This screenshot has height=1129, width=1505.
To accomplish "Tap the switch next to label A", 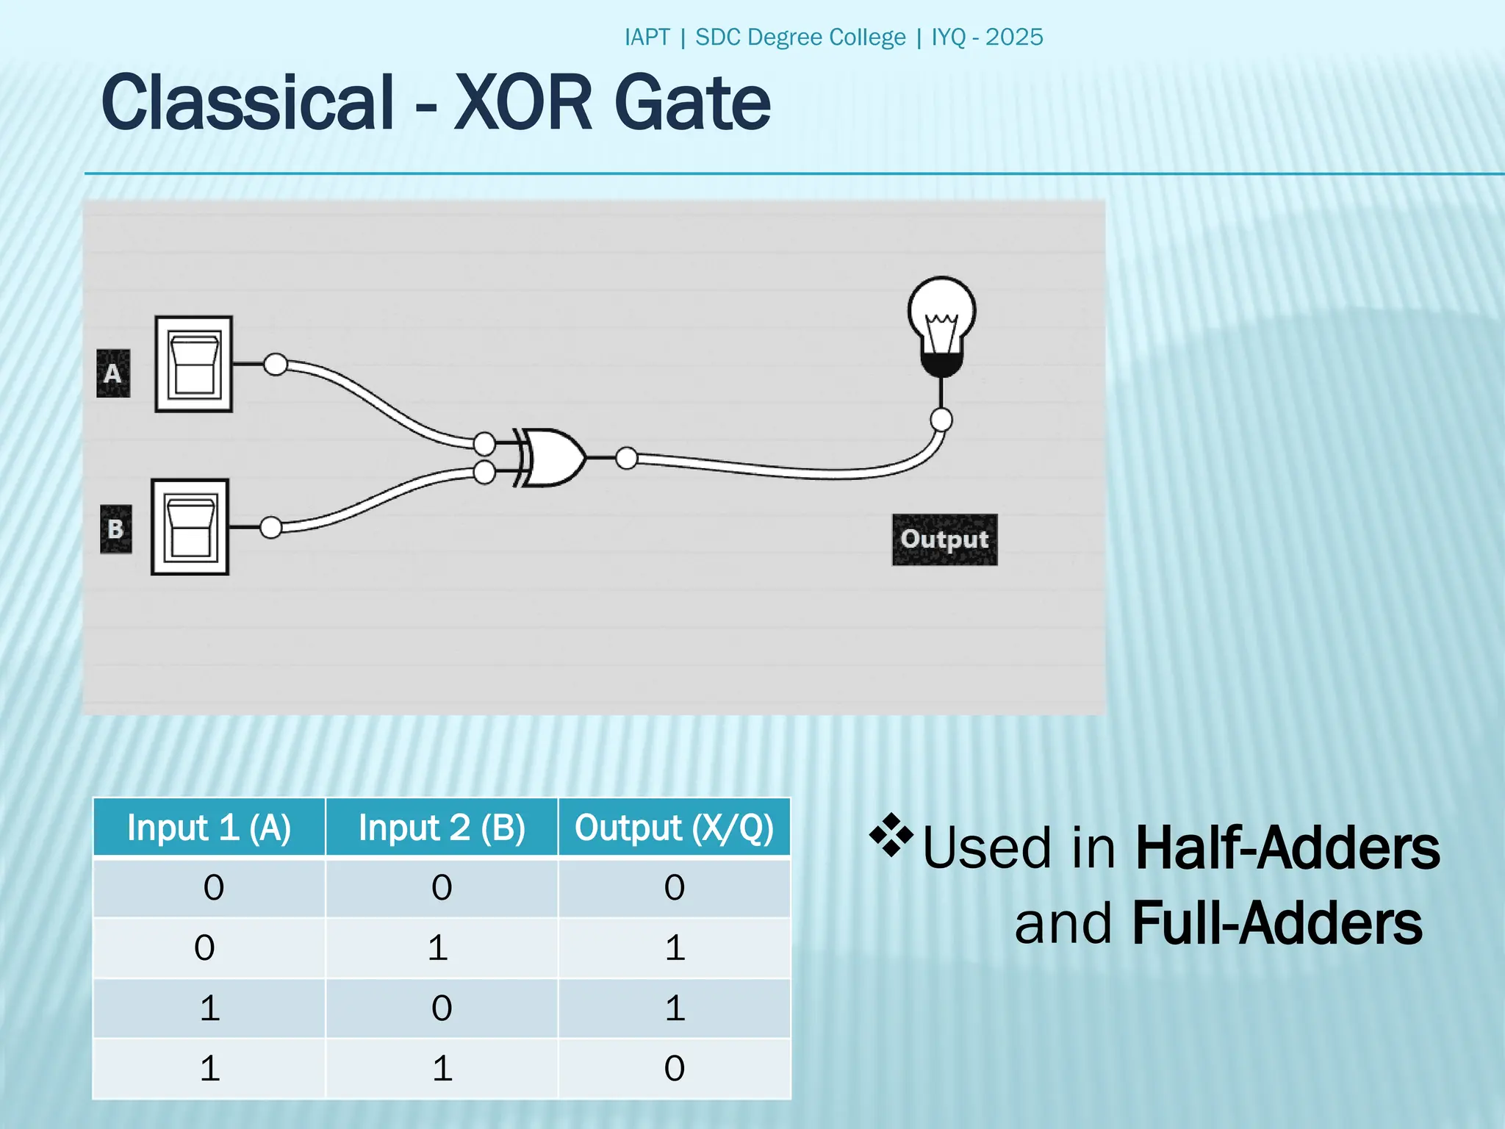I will pyautogui.click(x=194, y=365).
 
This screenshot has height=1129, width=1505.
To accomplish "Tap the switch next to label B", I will pyautogui.click(x=190, y=527).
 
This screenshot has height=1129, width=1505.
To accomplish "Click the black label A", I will pyautogui.click(x=113, y=373).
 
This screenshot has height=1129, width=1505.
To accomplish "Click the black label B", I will pyautogui.click(x=116, y=529).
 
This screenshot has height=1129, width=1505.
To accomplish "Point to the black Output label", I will pyautogui.click(x=944, y=540).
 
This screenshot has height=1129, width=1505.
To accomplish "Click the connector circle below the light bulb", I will pyautogui.click(x=941, y=420).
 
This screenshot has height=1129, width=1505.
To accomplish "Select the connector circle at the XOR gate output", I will pyautogui.click(x=627, y=458).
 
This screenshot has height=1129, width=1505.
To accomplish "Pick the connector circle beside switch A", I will pyautogui.click(x=276, y=364).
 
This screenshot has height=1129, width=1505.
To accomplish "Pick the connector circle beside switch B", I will pyautogui.click(x=271, y=527).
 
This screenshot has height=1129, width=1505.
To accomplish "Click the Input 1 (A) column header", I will pyautogui.click(x=209, y=828).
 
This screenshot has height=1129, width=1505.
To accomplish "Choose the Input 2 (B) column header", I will pyautogui.click(x=442, y=828).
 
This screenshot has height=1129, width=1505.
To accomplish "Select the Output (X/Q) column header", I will pyautogui.click(x=674, y=828).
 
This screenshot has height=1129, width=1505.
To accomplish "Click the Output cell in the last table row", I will pyautogui.click(x=674, y=1068).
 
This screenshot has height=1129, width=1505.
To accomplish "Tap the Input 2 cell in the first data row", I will pyautogui.click(x=442, y=888).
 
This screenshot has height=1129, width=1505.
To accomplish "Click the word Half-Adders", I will pyautogui.click(x=1287, y=848).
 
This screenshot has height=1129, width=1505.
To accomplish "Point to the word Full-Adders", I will pyautogui.click(x=1277, y=924).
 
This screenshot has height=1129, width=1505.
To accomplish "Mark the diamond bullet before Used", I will pyautogui.click(x=891, y=835).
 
